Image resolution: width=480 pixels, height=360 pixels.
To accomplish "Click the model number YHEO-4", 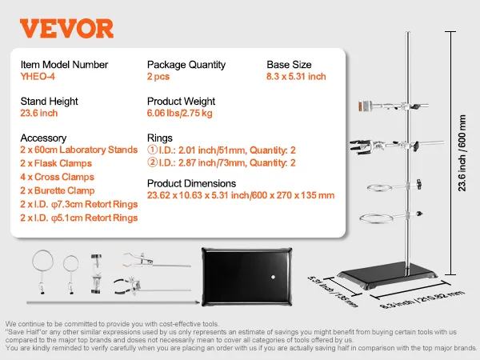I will [x=38, y=77].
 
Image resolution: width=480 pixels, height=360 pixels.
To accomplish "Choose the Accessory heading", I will [x=43, y=138].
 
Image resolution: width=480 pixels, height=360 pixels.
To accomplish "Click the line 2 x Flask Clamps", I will [x=56, y=164].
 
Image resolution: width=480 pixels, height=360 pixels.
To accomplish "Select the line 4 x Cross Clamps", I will [x=56, y=177].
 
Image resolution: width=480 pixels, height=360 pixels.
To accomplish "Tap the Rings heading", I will [x=159, y=138].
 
